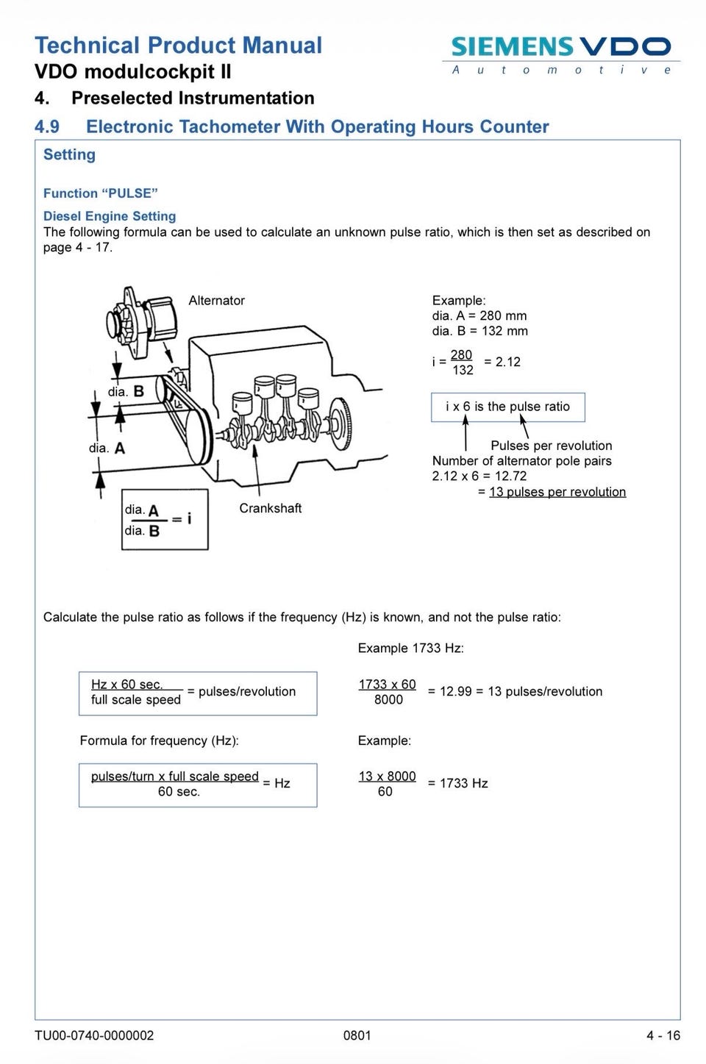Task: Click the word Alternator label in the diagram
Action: [217, 300]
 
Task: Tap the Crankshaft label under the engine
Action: [271, 508]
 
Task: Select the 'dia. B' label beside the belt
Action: [126, 391]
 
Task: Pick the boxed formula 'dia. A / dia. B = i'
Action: [165, 519]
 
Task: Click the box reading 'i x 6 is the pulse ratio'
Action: [508, 407]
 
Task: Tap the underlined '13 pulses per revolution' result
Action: [557, 492]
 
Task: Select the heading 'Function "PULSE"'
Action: [100, 193]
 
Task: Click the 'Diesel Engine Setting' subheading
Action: [110, 216]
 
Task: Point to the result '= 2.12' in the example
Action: [502, 362]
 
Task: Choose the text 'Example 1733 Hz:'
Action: [411, 648]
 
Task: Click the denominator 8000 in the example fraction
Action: [388, 700]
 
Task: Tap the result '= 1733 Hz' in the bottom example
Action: [458, 783]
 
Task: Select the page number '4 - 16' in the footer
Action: [663, 1035]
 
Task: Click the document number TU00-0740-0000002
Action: [94, 1035]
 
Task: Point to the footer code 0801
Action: [357, 1035]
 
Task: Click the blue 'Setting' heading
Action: [69, 155]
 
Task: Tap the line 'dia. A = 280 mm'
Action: [479, 316]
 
